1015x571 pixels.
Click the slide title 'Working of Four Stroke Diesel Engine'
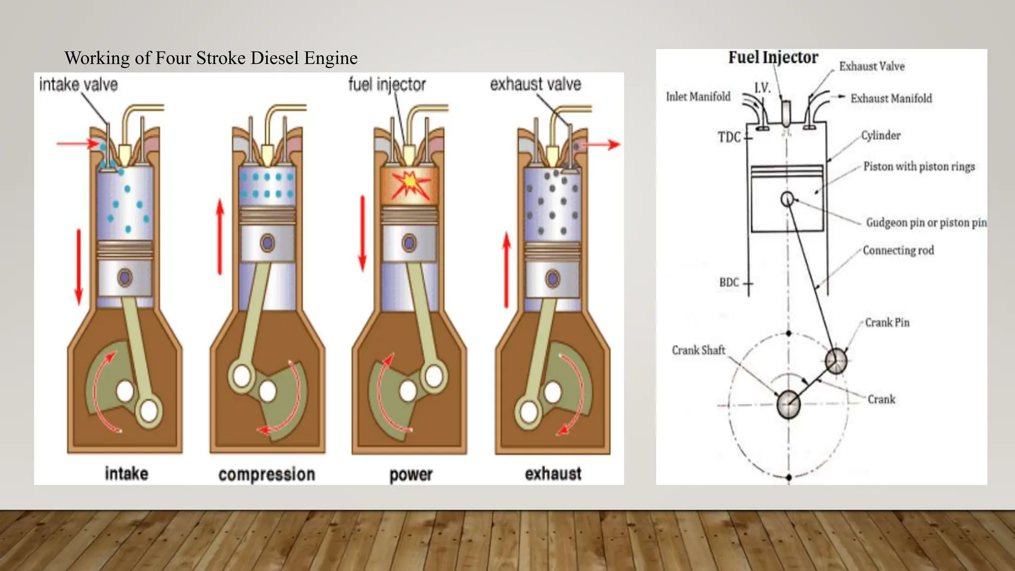coord(211,58)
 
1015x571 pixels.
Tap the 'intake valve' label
coord(78,85)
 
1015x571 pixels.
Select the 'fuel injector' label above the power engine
coord(387,85)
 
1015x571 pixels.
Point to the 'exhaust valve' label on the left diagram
coord(535,84)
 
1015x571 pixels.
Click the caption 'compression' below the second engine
coord(267,474)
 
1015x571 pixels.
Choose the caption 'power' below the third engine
coord(411,474)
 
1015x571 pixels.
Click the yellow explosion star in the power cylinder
coord(409,184)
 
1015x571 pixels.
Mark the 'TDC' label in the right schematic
coord(729,137)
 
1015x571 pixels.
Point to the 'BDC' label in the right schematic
coord(729,283)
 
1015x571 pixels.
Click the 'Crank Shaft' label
coord(698,350)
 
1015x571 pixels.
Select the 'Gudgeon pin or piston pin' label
coord(926,223)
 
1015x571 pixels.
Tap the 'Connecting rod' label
coord(898,250)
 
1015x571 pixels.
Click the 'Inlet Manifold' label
coord(698,97)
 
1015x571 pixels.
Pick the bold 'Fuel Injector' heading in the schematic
coord(773,57)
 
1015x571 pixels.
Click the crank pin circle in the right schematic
coord(836,361)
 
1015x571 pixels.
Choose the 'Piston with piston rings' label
coord(918,167)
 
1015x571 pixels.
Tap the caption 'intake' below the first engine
coord(126,474)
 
